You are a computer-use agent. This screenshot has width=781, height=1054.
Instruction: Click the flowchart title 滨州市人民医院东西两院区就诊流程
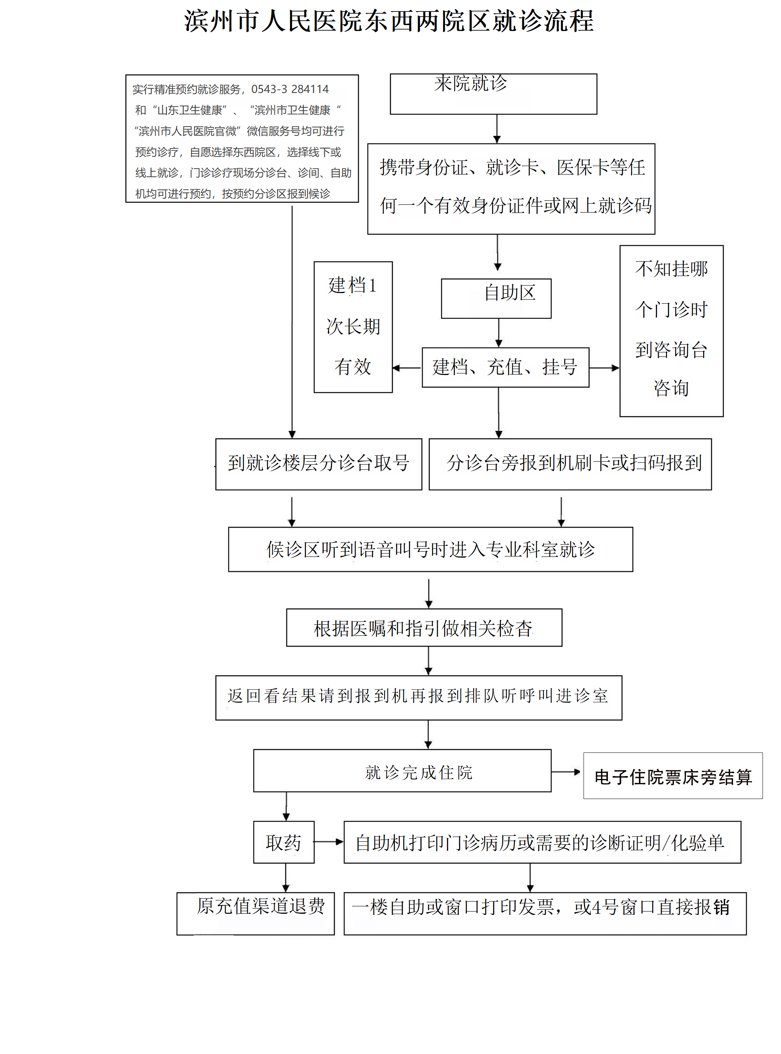389,22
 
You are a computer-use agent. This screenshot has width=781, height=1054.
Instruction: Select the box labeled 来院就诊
493,94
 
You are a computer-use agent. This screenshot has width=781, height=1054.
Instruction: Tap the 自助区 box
496,298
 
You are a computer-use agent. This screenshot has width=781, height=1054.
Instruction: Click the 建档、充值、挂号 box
505,367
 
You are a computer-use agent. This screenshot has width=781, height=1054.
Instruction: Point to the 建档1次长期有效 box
353,327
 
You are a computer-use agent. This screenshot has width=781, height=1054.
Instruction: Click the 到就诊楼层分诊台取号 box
318,464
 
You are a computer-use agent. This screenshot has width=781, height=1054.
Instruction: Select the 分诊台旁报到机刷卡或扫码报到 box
570,464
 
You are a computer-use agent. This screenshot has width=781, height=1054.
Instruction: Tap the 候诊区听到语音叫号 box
430,549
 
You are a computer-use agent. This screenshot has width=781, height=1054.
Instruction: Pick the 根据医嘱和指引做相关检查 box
424,628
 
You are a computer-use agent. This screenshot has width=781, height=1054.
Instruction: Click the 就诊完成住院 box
402,772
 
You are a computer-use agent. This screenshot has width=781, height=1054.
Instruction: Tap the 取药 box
284,842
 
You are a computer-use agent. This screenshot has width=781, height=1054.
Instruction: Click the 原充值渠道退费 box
255,913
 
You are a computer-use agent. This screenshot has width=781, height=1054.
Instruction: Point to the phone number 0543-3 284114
290,89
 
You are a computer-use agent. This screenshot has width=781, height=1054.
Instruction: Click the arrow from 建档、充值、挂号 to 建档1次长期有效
407,368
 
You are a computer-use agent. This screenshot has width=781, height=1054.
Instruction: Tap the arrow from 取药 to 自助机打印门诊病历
328,842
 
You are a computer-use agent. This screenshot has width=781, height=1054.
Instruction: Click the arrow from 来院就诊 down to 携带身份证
496,128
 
